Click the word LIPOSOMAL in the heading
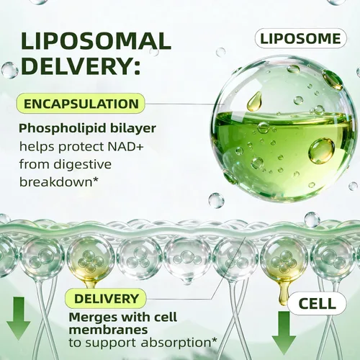96,41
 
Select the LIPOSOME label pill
301,38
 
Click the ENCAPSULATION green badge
81,104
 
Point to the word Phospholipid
63,129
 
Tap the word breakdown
56,182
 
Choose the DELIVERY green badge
107,299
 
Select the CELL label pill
317,304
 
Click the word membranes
108,330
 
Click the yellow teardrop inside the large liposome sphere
254,101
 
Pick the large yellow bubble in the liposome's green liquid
322,150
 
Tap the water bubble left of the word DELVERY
9,70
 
